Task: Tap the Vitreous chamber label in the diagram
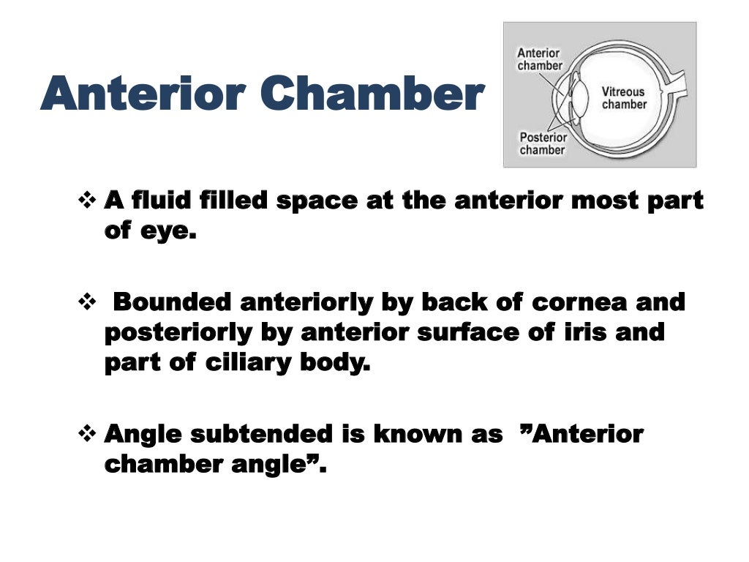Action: (624, 98)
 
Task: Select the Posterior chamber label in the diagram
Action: (542, 143)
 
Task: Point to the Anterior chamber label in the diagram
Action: (540, 59)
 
